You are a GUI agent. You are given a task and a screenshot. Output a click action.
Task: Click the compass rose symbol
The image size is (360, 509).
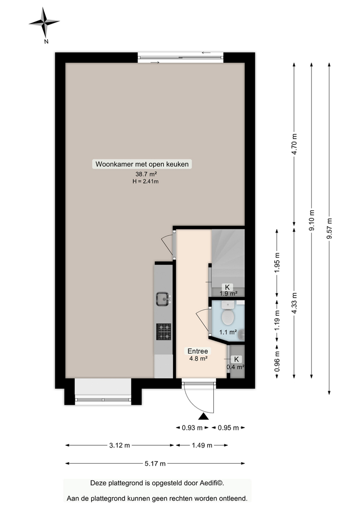44,22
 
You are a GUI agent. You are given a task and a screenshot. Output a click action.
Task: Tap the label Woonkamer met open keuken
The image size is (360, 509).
142,164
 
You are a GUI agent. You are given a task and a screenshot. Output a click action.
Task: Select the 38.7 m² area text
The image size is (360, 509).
142,174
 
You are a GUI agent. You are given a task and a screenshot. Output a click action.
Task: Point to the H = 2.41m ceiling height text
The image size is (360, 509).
142,181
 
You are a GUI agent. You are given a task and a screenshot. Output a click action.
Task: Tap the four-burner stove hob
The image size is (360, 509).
163,331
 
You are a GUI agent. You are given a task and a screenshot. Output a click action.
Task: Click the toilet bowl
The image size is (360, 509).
228,317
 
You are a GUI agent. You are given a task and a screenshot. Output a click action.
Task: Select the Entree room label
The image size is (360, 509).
198,351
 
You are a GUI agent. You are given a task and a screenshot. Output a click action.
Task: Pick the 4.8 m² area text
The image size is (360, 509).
198,358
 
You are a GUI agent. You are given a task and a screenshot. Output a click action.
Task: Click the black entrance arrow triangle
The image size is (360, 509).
203,416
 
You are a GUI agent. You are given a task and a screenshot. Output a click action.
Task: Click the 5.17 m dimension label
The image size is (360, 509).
155,464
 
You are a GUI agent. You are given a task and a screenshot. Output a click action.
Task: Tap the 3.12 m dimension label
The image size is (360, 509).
120,445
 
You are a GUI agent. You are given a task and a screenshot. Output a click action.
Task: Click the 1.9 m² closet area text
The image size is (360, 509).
228,293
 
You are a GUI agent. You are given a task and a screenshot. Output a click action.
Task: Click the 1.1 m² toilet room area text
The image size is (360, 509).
228,332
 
